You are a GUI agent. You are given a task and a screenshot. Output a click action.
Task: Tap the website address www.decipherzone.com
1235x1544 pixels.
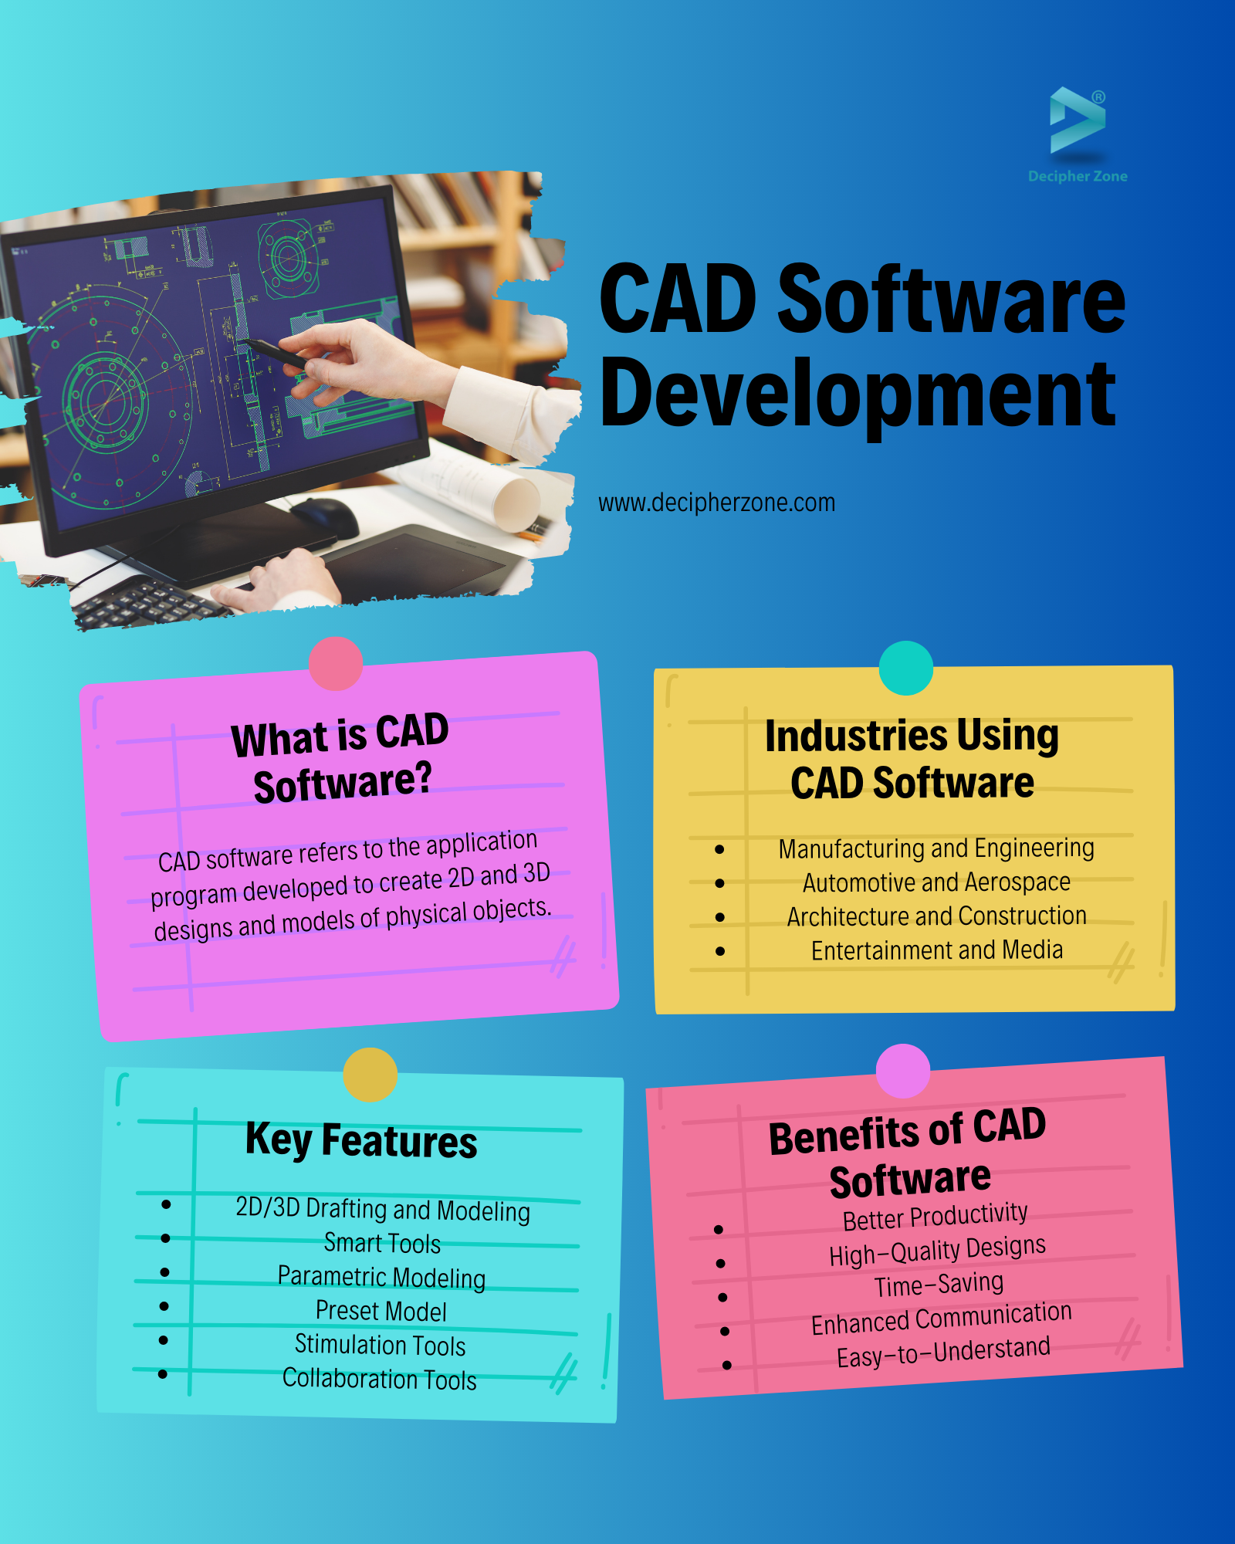(716, 503)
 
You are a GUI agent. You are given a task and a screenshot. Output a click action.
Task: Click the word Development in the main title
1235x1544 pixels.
(858, 394)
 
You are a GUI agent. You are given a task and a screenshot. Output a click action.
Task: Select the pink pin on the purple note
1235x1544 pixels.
(336, 663)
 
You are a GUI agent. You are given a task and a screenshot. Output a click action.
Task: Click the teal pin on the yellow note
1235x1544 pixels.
(906, 668)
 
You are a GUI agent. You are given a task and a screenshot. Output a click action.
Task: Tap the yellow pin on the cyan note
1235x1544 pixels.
(370, 1075)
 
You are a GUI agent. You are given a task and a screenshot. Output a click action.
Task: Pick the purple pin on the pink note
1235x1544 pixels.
(903, 1071)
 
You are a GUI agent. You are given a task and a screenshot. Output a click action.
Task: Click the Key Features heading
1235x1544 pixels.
(361, 1141)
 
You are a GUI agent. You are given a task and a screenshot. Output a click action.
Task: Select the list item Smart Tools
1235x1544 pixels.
(382, 1243)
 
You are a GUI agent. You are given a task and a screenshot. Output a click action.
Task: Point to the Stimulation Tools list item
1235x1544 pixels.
(381, 1345)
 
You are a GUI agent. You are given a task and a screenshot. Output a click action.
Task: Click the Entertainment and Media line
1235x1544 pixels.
(937, 950)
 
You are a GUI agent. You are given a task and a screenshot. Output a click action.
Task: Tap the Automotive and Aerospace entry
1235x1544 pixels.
(936, 882)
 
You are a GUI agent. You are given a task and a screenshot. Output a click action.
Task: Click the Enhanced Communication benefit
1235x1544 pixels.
(942, 1318)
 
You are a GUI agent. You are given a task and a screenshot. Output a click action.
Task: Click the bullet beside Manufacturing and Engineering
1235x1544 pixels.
(719, 849)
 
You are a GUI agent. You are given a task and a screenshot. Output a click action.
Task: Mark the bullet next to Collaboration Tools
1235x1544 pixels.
(162, 1374)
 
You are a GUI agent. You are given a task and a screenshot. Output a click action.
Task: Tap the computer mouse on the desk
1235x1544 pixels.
(324, 516)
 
